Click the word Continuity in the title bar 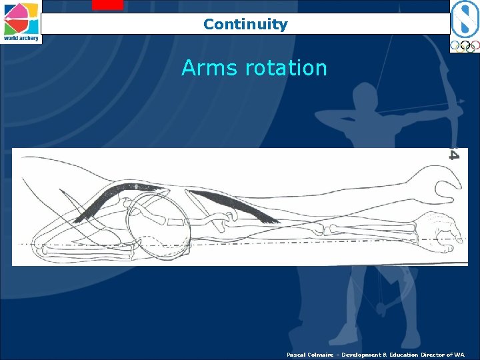[245, 25]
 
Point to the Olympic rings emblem [464, 46]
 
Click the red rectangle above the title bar [107, 5]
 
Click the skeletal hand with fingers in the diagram [437, 227]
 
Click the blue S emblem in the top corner [464, 18]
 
